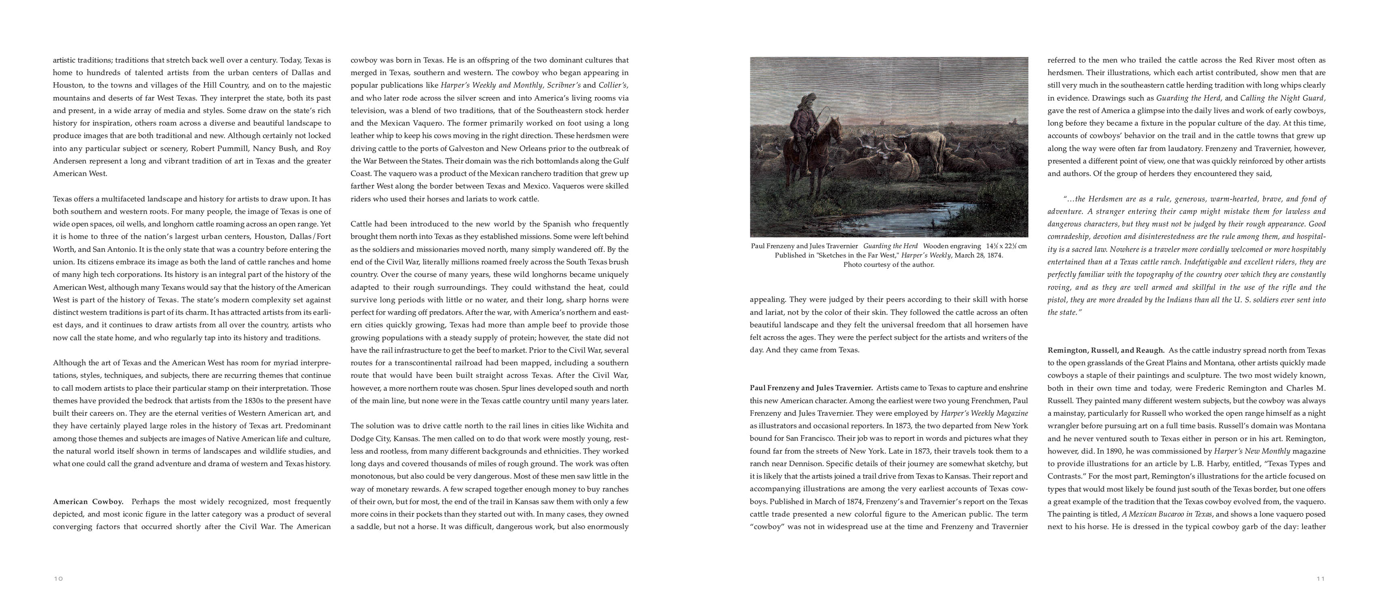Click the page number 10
pos(58,579)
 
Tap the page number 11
pos(1321,579)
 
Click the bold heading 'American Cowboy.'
pos(88,502)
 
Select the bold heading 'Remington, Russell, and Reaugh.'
pos(1106,350)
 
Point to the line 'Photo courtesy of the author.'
pos(888,264)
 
